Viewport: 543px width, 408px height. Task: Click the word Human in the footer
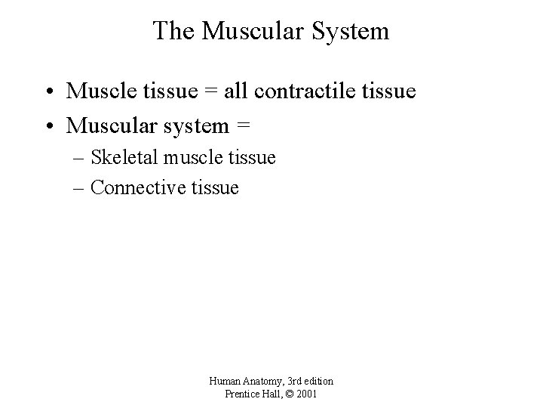[224, 382]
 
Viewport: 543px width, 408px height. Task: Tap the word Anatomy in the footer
[261, 382]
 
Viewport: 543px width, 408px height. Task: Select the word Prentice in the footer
[243, 394]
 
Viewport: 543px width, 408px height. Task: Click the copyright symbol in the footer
[293, 394]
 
